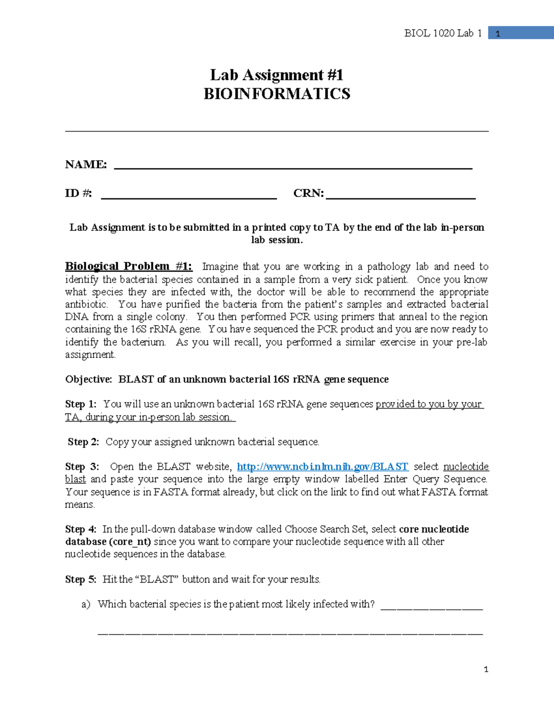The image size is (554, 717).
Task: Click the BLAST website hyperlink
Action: [322, 467]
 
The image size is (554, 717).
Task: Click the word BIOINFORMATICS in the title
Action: [277, 94]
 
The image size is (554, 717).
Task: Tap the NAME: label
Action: [86, 164]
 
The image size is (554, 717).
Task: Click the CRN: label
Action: [308, 193]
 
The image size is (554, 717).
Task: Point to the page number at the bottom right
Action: [486, 669]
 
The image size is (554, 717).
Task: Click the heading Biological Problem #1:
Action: [128, 266]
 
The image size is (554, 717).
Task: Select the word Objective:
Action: [89, 380]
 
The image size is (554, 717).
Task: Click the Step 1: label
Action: [80, 404]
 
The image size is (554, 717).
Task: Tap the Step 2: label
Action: [83, 442]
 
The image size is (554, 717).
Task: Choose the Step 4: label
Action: [80, 529]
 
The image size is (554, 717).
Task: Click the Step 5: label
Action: [80, 579]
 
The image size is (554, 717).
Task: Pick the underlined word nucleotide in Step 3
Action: [466, 467]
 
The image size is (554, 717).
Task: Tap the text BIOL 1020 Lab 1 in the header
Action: [442, 33]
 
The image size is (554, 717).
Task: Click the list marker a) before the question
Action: [86, 604]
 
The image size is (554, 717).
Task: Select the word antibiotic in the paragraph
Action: [86, 305]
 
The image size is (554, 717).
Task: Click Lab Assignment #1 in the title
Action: [277, 75]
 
